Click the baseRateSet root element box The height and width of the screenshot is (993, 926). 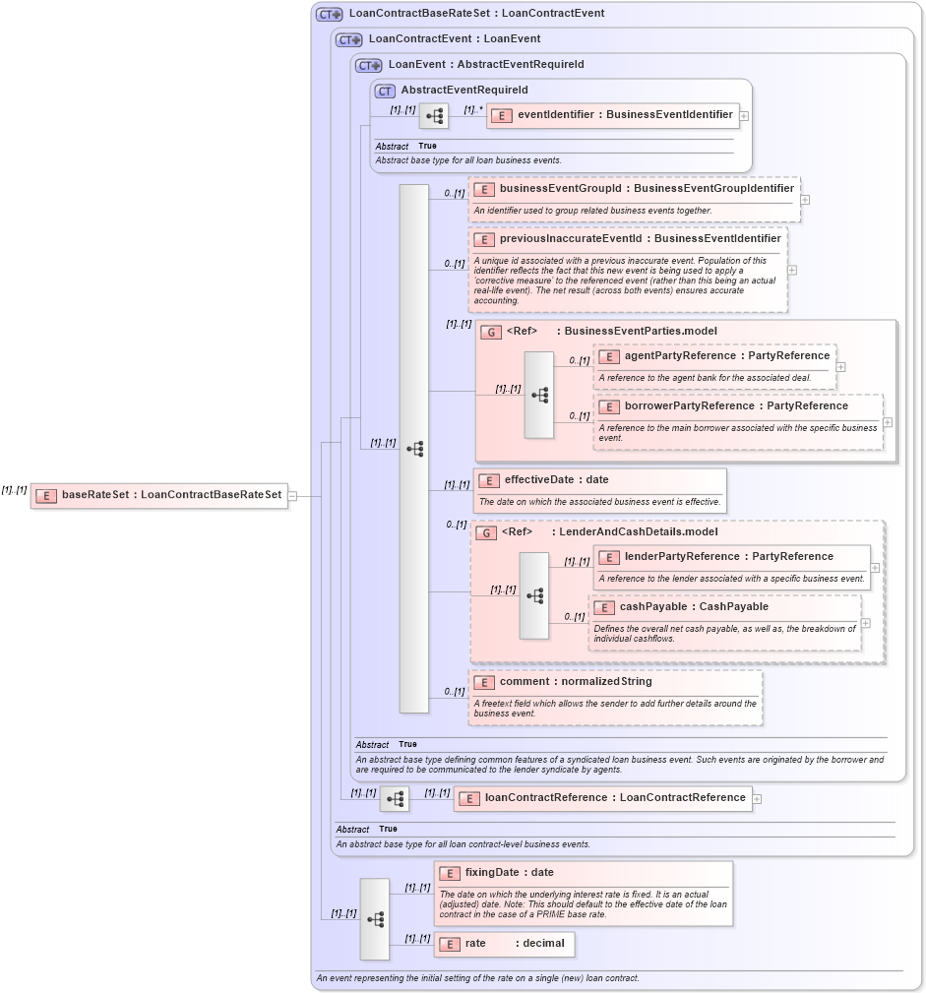pyautogui.click(x=160, y=495)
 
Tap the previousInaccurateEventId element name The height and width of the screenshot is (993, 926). pyautogui.click(x=640, y=238)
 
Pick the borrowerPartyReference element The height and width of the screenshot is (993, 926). pyautogui.click(x=736, y=405)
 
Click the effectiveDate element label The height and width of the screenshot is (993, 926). pyautogui.click(x=556, y=480)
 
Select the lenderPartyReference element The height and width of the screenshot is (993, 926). pyautogui.click(x=728, y=556)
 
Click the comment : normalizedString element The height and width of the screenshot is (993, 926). pyautogui.click(x=575, y=681)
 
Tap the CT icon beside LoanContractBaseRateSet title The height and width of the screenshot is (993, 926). pyautogui.click(x=329, y=14)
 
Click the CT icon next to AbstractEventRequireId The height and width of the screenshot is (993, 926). pyautogui.click(x=385, y=91)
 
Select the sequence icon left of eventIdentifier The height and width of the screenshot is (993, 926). pyautogui.click(x=434, y=116)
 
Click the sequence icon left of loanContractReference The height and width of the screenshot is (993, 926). pyautogui.click(x=395, y=799)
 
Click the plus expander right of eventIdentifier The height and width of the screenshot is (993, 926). pyautogui.click(x=744, y=116)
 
